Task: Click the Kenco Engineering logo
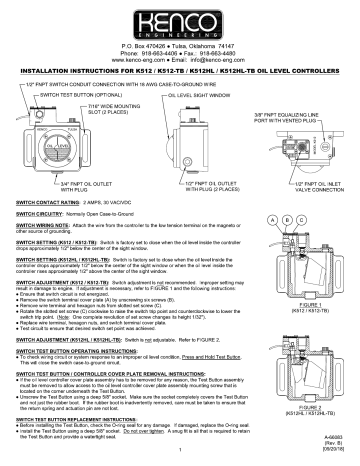181,23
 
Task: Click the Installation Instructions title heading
180,72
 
